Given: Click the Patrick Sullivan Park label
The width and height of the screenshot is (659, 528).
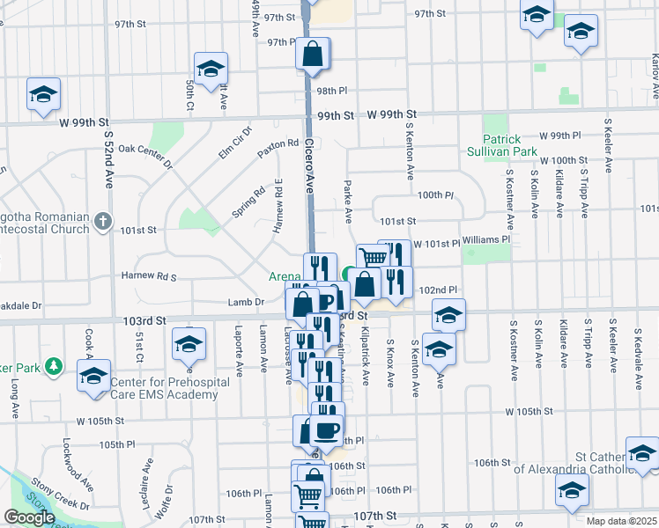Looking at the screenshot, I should tap(515, 145).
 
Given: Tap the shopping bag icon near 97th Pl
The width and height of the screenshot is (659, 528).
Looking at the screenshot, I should tap(313, 55).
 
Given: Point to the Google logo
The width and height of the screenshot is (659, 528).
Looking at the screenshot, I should tap(29, 517).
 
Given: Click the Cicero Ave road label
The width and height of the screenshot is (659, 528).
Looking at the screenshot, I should tap(310, 168).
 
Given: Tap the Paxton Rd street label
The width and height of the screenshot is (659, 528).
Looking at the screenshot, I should tap(278, 143).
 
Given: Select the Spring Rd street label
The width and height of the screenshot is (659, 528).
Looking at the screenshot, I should tap(248, 202).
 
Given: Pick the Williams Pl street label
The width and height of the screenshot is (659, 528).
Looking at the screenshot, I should tap(485, 239).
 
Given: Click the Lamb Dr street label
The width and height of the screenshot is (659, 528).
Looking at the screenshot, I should tap(247, 302).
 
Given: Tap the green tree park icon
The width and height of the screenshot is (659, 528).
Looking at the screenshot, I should tap(55, 365).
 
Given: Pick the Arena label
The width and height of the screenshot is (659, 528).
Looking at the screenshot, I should tap(285, 276).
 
